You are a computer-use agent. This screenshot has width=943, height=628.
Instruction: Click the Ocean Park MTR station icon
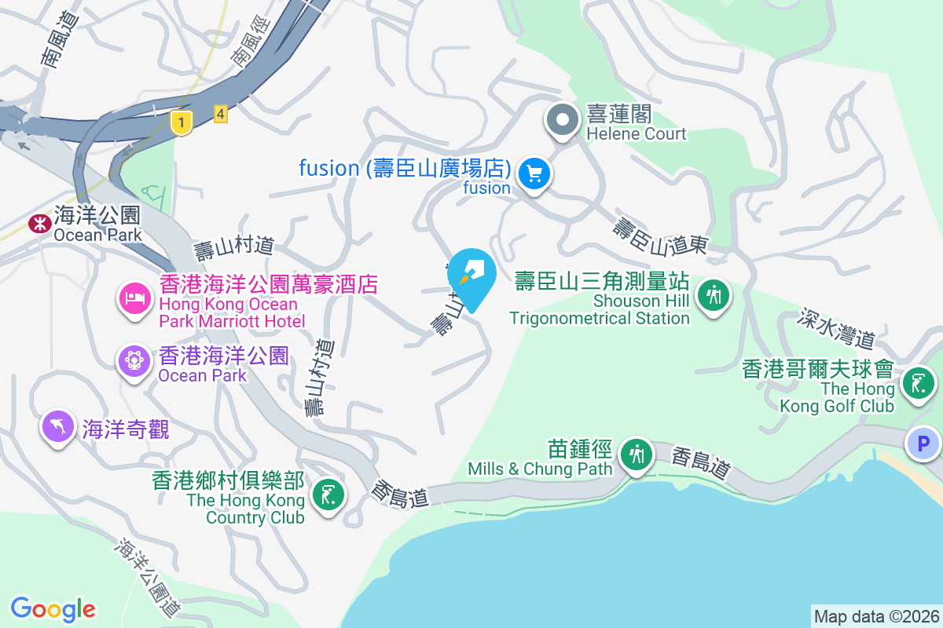pos(38,224)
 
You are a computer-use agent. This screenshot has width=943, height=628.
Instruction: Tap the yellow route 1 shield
pos(182,122)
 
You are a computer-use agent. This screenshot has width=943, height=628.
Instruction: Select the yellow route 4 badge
pos(221,115)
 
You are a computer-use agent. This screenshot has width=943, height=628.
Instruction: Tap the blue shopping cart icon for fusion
pos(535,173)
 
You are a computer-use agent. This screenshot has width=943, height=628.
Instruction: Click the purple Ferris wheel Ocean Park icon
pos(134,360)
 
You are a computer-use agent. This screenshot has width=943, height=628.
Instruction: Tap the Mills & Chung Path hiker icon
pos(635,455)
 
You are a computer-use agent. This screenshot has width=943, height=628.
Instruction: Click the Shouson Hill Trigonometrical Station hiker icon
pos(714,296)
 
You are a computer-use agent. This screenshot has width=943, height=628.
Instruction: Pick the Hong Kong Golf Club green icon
pos(917,383)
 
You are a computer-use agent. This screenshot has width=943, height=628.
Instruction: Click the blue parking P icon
pos(923,444)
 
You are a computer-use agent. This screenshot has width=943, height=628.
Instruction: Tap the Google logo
pos(53,608)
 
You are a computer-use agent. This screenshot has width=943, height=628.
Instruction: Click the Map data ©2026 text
pos(876,616)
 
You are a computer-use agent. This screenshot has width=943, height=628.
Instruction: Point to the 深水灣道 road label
pos(836,328)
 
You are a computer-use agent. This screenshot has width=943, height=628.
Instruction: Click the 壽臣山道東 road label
pos(660,236)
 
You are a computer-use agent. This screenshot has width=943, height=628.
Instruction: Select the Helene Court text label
pos(637,133)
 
